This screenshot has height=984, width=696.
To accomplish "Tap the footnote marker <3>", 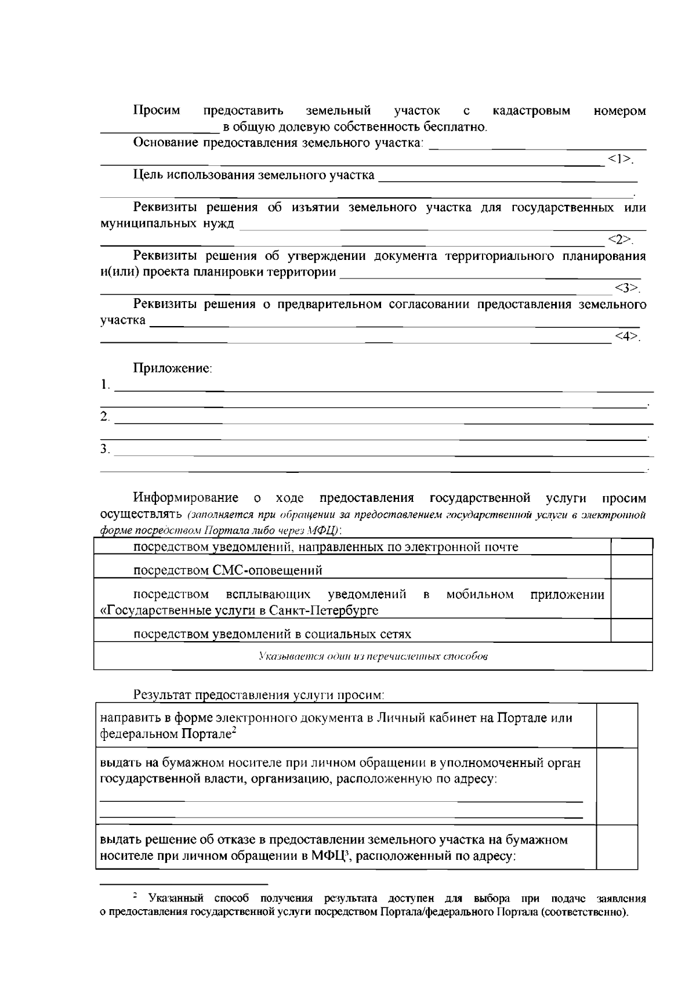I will (627, 288).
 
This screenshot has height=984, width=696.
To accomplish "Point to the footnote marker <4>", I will (627, 337).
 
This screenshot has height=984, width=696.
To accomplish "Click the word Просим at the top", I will (157, 110).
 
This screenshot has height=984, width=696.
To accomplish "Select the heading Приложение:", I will (173, 368).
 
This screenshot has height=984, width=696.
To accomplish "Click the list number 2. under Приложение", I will (105, 417).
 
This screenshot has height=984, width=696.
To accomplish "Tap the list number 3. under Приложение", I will (105, 448).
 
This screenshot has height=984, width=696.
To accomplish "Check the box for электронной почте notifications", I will (632, 547).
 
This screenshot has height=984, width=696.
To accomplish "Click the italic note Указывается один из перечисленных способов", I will (373, 657).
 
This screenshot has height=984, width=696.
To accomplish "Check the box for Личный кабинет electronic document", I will (617, 725).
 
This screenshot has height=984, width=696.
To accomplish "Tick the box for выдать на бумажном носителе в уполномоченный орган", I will (617, 786).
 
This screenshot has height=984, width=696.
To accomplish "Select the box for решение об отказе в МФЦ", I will (617, 847).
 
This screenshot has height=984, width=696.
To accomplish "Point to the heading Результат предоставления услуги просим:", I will (259, 694).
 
